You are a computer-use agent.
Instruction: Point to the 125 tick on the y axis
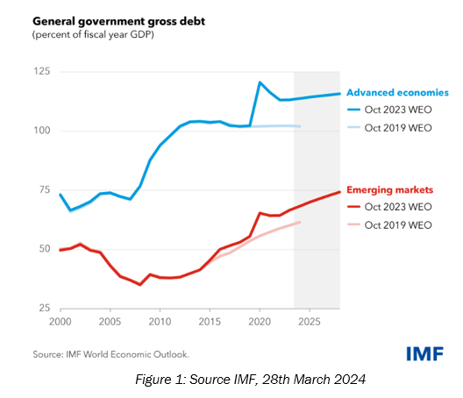pos(41,70)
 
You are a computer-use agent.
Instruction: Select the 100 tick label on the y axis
pos(41,131)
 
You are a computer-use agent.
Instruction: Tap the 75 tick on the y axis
pos(44,190)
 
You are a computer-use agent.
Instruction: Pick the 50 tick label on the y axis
pos(44,250)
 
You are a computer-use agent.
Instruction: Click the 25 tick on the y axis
pos(44,309)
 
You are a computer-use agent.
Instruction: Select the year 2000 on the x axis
pos(61,322)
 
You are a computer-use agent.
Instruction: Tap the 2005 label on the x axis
pos(110,322)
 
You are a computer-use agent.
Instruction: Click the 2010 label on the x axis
pos(160,322)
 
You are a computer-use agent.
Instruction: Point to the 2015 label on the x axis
pos(210,322)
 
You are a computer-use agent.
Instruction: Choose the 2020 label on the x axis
pos(260,322)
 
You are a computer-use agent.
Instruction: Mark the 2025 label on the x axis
pos(309,322)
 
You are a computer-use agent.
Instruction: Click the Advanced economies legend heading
pos(397,92)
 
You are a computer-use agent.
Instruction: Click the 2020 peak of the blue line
pos(260,82)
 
